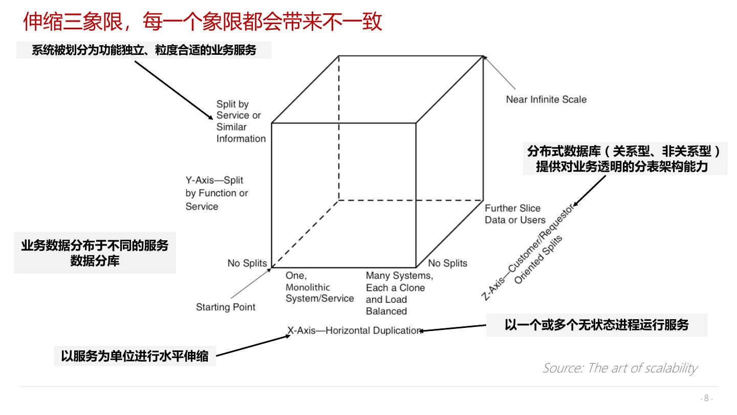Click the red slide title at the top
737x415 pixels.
[203, 22]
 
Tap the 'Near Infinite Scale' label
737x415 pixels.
[546, 99]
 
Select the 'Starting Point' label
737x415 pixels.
[226, 307]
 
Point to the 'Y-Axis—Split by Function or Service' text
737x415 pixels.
[216, 193]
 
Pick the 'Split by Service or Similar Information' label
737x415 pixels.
[241, 121]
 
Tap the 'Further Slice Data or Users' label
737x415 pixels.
[515, 214]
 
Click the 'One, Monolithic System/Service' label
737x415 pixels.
[319, 287]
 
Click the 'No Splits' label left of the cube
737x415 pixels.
[247, 263]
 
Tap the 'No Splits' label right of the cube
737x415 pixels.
[447, 263]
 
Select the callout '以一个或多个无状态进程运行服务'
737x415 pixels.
[597, 325]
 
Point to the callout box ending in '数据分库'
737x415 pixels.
[95, 253]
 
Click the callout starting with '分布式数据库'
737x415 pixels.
[624, 159]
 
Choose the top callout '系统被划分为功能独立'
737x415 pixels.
[144, 50]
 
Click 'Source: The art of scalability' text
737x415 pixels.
[620, 368]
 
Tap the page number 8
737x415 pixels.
[707, 398]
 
